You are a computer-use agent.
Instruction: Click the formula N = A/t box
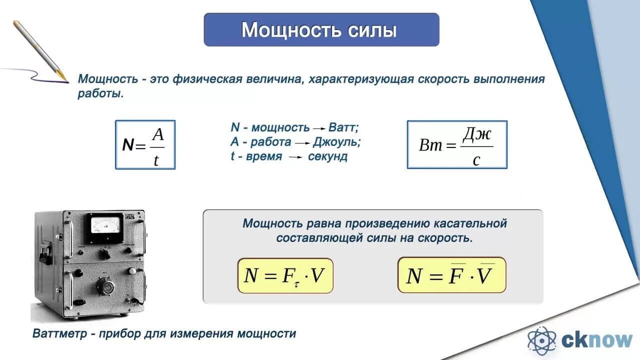click(145, 144)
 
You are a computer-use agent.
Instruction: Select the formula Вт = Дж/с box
click(456, 144)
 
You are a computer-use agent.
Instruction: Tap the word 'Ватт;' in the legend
click(344, 127)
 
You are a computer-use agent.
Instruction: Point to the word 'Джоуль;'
click(337, 142)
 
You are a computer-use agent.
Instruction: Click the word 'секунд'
click(327, 156)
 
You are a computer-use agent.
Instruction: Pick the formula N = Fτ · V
click(285, 275)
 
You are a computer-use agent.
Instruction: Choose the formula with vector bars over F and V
click(451, 275)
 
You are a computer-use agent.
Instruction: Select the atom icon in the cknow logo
click(541, 340)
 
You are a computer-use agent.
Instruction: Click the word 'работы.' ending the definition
click(100, 93)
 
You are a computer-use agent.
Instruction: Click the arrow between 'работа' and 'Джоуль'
click(302, 143)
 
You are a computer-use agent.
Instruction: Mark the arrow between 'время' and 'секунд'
click(295, 157)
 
